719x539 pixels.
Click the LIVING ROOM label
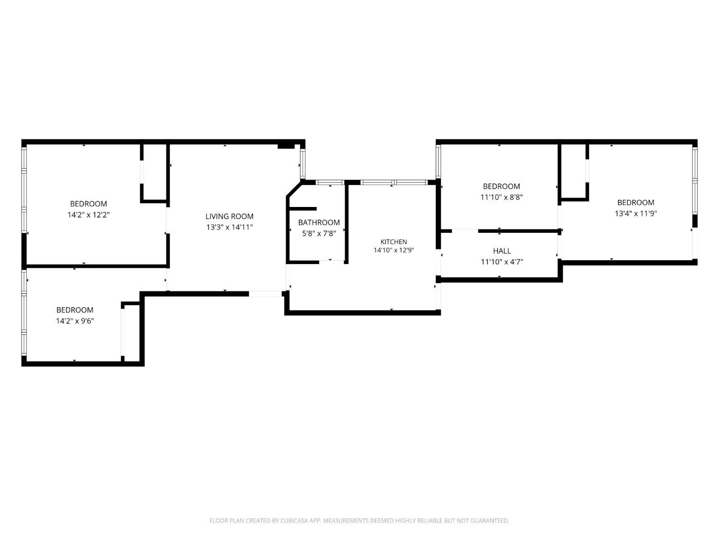(229, 217)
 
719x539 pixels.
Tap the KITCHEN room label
(394, 242)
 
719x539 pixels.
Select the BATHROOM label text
(319, 222)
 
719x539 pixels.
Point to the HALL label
(502, 251)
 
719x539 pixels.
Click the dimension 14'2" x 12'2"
(89, 215)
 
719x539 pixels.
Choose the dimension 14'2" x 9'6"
(75, 321)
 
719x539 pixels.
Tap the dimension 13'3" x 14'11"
(229, 227)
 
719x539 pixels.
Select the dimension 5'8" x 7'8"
(319, 233)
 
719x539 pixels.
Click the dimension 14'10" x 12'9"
(394, 251)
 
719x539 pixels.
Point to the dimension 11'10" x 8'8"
(501, 197)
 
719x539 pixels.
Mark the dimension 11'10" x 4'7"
(502, 262)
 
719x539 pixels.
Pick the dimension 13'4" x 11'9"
(636, 214)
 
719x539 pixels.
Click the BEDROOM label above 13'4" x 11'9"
(636, 203)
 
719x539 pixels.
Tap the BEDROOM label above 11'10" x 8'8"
(501, 186)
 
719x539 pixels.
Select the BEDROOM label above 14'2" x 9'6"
(75, 310)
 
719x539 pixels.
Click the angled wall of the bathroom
(294, 189)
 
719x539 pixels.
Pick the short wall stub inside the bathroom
(302, 209)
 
